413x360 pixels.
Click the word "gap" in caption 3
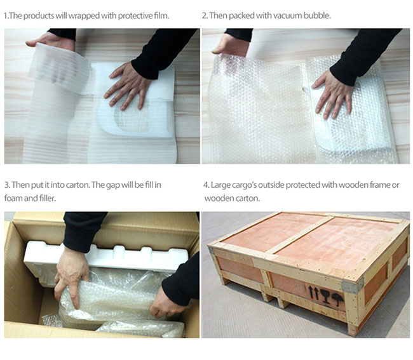113,185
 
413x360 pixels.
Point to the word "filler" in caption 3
48,198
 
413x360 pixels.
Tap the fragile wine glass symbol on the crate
325,297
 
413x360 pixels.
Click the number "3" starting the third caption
6,185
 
